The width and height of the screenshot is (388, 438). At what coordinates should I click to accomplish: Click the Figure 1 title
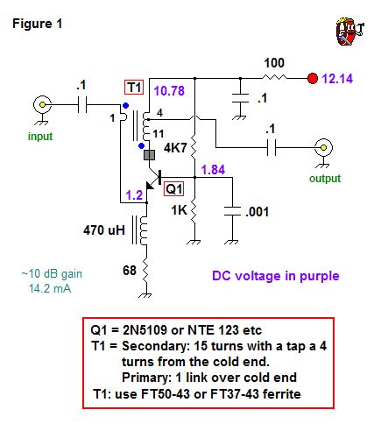click(x=37, y=23)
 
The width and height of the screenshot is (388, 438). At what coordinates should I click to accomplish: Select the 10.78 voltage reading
click(x=171, y=91)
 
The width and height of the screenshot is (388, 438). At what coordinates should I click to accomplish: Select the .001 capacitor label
click(x=260, y=211)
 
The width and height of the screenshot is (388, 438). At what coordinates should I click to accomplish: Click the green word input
click(x=41, y=136)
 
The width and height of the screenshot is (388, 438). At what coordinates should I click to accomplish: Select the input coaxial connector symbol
click(x=40, y=106)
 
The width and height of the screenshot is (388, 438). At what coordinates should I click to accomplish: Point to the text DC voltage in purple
click(x=275, y=275)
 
